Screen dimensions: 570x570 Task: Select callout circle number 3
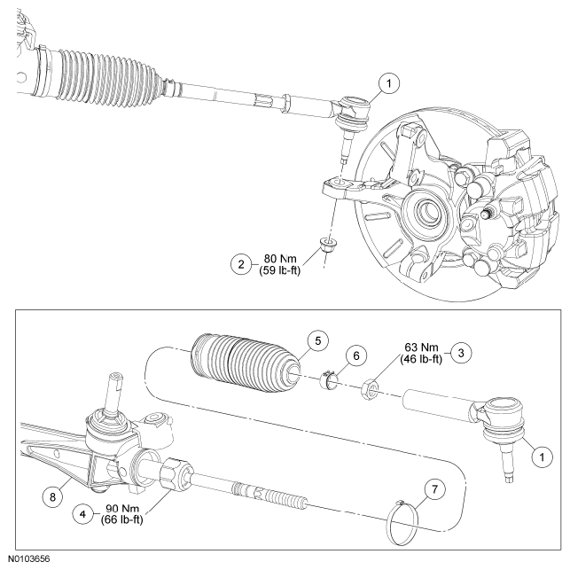click(x=462, y=351)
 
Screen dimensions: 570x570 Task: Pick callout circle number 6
click(x=355, y=355)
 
